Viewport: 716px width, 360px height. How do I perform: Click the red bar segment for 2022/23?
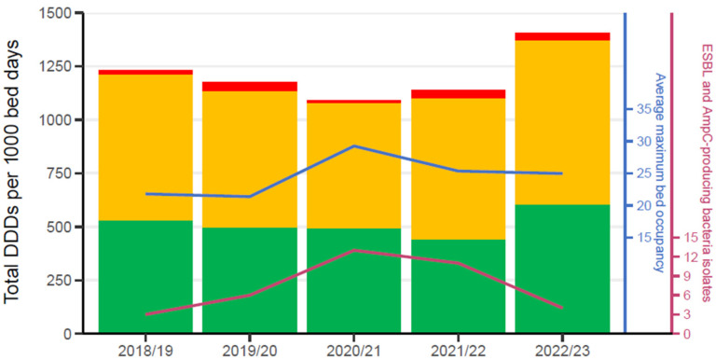562,36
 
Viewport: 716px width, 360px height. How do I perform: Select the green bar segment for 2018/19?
145,277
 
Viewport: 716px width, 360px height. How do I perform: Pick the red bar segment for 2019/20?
250,87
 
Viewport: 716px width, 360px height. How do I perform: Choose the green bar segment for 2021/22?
459,286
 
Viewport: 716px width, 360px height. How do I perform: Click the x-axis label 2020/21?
354,351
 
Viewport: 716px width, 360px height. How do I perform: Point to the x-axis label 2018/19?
145,351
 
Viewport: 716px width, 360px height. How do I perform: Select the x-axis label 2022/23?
562,351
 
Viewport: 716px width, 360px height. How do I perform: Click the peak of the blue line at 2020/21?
354,145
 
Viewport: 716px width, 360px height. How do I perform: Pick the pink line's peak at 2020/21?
354,250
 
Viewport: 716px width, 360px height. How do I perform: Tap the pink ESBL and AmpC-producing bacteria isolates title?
706,173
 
